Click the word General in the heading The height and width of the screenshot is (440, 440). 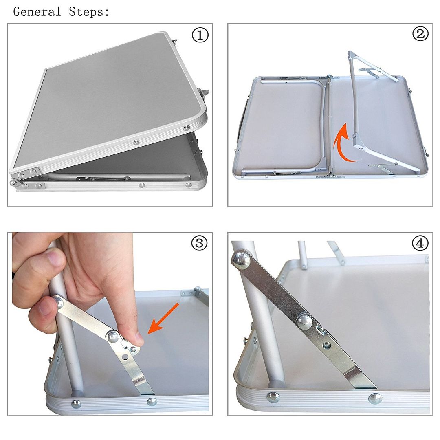click(x=37, y=12)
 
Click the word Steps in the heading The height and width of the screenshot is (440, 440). click(x=87, y=12)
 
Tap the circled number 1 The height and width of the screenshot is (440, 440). click(x=200, y=35)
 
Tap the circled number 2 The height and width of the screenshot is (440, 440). click(x=420, y=34)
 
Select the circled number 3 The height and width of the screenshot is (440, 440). click(x=199, y=243)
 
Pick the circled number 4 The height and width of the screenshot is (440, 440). click(x=420, y=243)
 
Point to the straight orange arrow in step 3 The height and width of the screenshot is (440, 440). click(x=163, y=319)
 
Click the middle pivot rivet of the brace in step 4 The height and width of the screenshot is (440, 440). click(x=304, y=322)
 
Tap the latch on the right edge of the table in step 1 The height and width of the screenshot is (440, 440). click(x=204, y=94)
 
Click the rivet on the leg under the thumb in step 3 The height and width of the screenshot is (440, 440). click(x=58, y=302)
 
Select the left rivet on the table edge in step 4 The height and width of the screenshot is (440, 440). click(x=273, y=397)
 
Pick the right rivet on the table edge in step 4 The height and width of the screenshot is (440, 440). click(x=375, y=398)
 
